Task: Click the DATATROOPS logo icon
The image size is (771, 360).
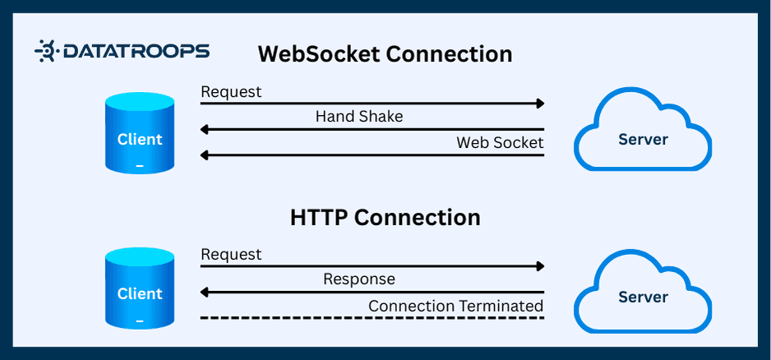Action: [x=46, y=52]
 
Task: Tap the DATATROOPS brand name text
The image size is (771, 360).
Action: [x=133, y=52]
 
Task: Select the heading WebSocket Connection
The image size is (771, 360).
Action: [x=385, y=54]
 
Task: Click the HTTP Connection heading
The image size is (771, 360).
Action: [x=385, y=218]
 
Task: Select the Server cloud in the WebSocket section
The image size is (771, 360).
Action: [x=643, y=133]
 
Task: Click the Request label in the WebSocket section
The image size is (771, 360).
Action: [x=231, y=92]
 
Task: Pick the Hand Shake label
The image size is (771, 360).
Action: [x=359, y=117]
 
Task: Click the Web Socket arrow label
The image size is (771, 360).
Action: [x=500, y=143]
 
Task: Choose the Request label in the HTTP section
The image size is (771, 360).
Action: [x=231, y=255]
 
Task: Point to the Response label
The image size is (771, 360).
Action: [x=359, y=279]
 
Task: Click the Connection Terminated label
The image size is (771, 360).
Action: [x=455, y=306]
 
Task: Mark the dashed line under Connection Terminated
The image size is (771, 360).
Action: [x=372, y=318]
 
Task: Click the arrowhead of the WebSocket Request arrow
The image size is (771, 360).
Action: [x=540, y=104]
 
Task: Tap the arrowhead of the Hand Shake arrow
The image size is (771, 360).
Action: [x=205, y=129]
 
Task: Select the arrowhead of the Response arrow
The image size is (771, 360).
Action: [x=205, y=292]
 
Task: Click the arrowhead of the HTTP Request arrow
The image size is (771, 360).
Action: [x=540, y=266]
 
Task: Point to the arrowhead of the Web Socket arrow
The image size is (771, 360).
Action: [x=205, y=155]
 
